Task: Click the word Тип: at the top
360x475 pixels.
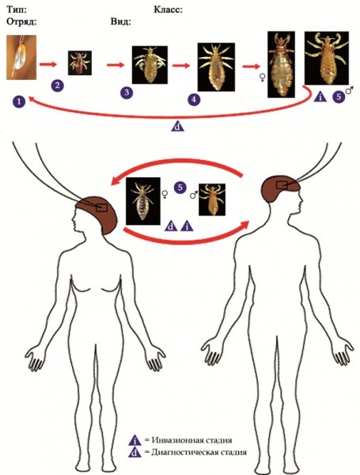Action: click(x=17, y=9)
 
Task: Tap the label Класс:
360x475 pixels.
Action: click(x=168, y=9)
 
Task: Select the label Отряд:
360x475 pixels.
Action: click(x=21, y=22)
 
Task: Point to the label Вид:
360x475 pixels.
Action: click(x=121, y=22)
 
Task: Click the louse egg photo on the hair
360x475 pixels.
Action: click(x=21, y=57)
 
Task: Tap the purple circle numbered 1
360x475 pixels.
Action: click(x=19, y=101)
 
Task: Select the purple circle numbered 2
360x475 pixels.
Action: click(x=57, y=85)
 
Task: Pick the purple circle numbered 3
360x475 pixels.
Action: click(x=127, y=93)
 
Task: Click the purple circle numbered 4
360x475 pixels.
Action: click(x=194, y=100)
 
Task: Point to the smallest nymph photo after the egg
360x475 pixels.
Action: click(x=80, y=63)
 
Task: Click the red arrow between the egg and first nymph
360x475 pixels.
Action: click(x=48, y=64)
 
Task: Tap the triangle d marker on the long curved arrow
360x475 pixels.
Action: click(x=178, y=126)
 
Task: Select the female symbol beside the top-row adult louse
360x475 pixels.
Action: click(x=262, y=78)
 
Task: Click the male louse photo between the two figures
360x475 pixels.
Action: click(x=212, y=199)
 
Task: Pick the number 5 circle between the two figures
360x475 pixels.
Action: click(x=180, y=188)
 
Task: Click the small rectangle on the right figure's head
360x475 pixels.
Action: click(x=285, y=185)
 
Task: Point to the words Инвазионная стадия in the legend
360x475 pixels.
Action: click(x=192, y=440)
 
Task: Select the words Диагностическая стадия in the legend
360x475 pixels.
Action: click(x=199, y=452)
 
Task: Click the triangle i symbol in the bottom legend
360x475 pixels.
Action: click(x=135, y=441)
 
